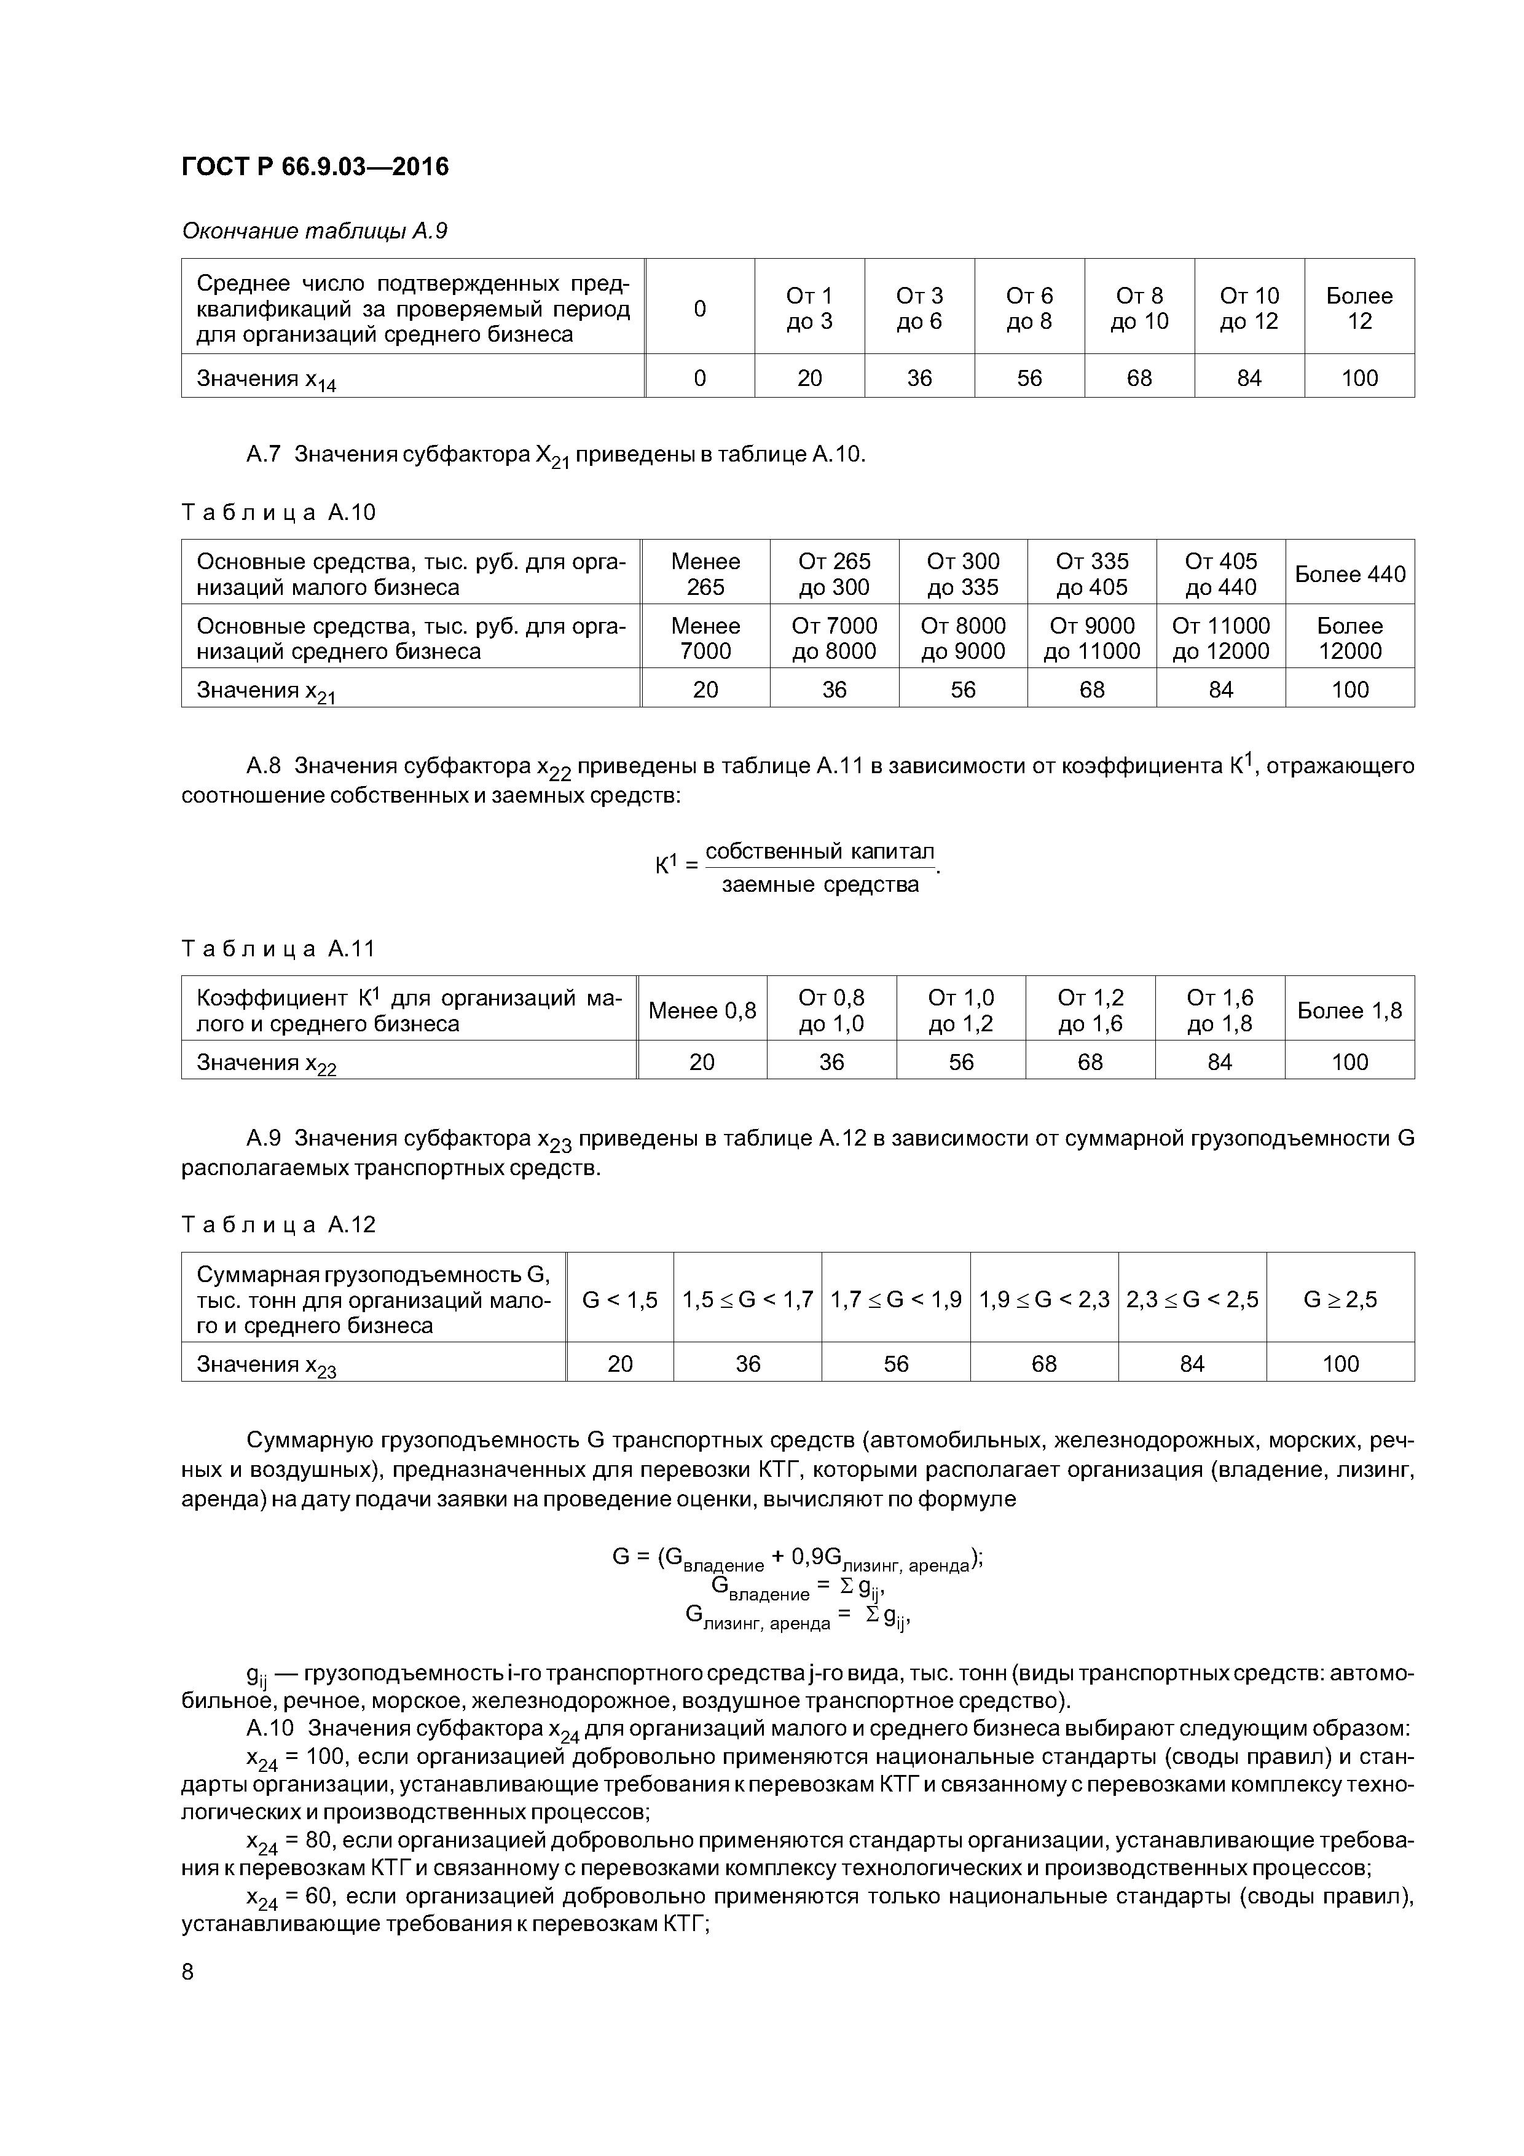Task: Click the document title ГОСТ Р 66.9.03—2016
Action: click(x=315, y=167)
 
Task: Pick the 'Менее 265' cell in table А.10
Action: click(x=705, y=574)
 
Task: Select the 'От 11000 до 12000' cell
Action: click(x=1220, y=639)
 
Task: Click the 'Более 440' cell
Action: click(x=1349, y=574)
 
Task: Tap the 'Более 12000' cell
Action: click(x=1349, y=639)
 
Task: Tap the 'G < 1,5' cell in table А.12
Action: click(x=620, y=1300)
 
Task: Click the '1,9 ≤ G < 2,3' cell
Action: click(x=1043, y=1300)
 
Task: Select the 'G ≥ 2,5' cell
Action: click(x=1340, y=1300)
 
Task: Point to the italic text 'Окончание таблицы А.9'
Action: click(x=313, y=231)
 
